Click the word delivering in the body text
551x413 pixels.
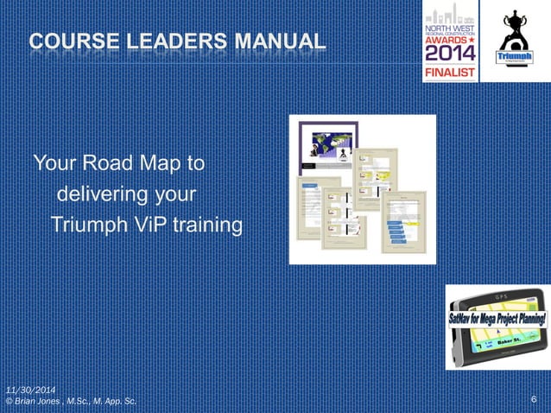(x=99, y=193)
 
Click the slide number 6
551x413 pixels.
(x=535, y=399)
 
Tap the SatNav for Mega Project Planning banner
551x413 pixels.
(x=497, y=318)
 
